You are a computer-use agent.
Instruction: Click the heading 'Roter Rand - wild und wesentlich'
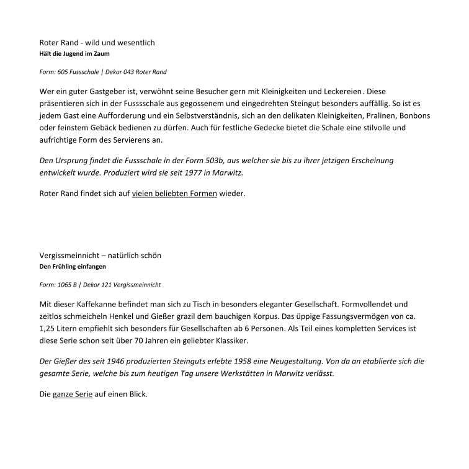click(x=97, y=43)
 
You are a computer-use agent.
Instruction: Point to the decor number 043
click(x=122, y=73)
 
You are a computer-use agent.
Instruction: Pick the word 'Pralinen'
click(x=379, y=116)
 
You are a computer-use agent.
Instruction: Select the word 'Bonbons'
click(x=414, y=116)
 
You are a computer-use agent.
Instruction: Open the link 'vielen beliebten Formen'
click(x=174, y=194)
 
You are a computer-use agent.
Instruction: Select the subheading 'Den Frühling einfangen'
click(x=72, y=267)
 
